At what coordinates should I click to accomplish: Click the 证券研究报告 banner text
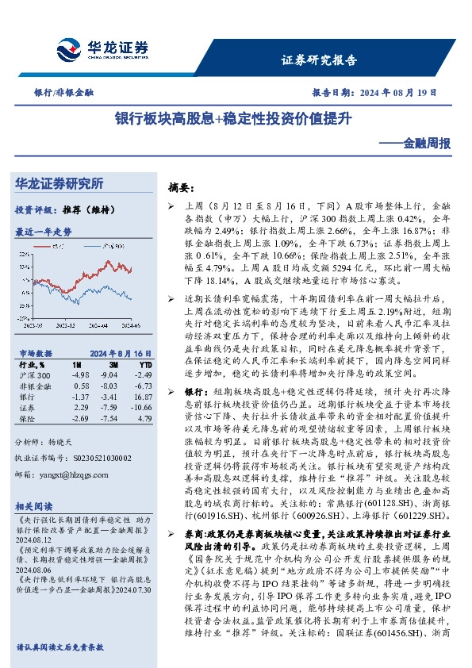tap(320, 60)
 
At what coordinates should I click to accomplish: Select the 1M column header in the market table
tap(78, 363)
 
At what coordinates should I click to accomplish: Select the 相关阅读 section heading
tap(34, 505)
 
